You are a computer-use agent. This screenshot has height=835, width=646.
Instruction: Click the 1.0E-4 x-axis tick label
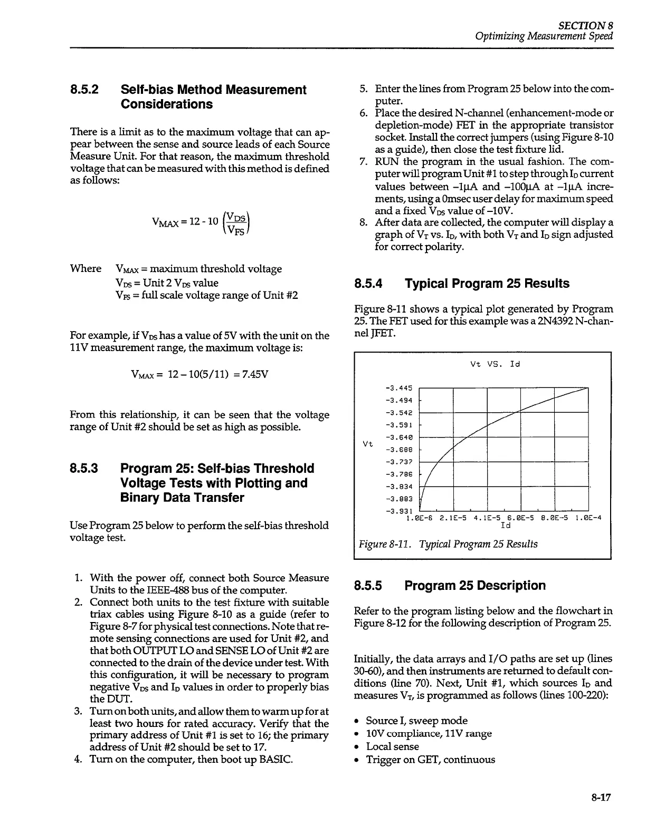tap(588, 518)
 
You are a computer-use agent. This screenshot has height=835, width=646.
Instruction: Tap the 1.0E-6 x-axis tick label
tap(420, 518)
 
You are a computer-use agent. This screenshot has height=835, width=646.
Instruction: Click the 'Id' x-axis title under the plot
tap(505, 525)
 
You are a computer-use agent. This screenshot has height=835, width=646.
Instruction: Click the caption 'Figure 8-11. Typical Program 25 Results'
tap(448, 544)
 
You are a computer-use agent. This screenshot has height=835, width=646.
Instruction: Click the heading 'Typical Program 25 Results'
tap(487, 284)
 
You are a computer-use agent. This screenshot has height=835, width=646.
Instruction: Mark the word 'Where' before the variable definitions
tap(85, 269)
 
